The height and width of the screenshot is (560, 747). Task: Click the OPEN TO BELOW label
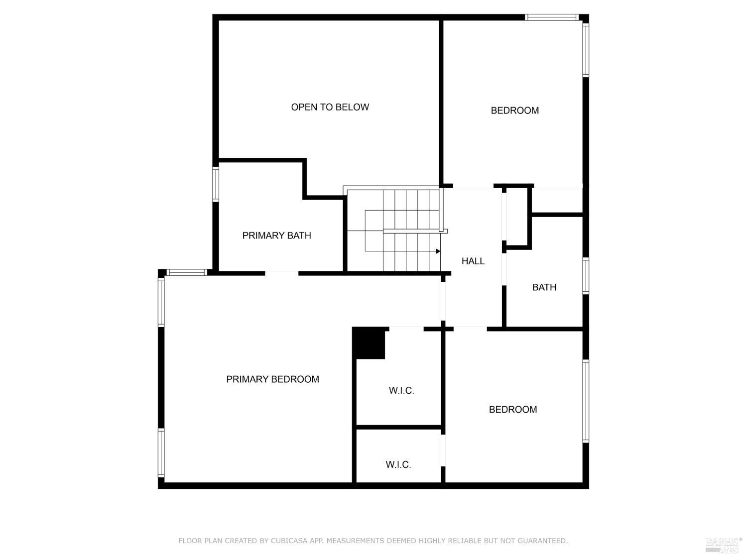point(330,107)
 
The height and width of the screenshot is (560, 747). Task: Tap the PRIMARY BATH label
point(276,235)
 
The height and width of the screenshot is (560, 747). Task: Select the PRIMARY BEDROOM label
point(272,379)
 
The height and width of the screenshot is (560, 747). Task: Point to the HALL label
point(473,261)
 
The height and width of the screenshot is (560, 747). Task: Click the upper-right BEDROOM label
point(514,111)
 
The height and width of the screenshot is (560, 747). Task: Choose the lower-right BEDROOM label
point(512,410)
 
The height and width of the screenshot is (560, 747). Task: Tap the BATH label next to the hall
point(544,287)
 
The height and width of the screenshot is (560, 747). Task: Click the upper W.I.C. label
point(401,391)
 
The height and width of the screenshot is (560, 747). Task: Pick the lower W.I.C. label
point(398,465)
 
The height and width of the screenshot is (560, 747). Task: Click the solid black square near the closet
point(369,343)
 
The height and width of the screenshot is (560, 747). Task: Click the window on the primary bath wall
point(216,184)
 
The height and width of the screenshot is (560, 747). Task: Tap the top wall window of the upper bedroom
point(551,17)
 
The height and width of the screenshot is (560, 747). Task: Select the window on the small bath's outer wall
point(586,276)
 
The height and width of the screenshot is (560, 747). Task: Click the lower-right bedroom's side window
point(586,401)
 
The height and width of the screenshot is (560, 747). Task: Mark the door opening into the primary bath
point(281,273)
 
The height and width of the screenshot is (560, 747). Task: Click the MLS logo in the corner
point(724,545)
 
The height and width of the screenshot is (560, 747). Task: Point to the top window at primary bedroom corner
point(186,272)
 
